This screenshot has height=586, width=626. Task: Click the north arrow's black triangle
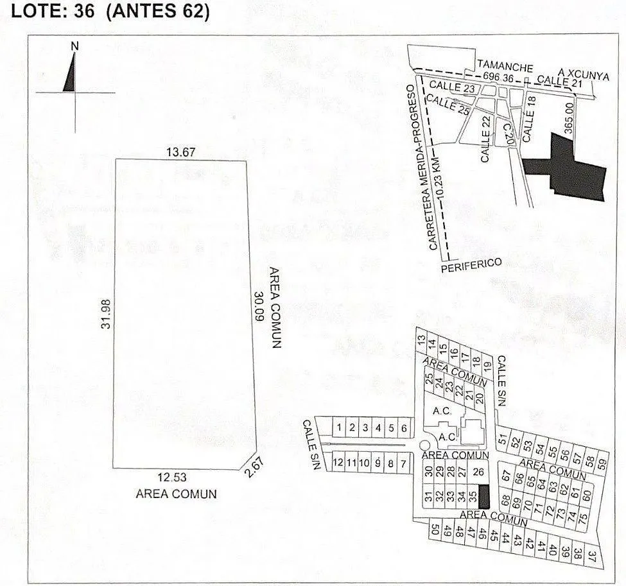point(70,76)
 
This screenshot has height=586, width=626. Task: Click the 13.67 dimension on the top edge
point(181,152)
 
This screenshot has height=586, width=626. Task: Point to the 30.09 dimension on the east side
point(259,307)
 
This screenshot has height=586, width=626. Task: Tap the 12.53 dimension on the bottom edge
point(172,477)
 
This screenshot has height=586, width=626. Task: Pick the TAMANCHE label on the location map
point(505,66)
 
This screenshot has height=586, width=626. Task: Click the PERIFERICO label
point(471,265)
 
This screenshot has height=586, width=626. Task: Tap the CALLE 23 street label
point(452,87)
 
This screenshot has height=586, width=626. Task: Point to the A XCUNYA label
point(584,74)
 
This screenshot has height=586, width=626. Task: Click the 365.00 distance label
point(568,117)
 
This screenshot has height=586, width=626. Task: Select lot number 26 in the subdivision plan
point(478,472)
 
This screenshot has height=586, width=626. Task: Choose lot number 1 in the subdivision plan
point(339,427)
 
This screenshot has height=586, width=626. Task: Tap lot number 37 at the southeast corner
point(592,556)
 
